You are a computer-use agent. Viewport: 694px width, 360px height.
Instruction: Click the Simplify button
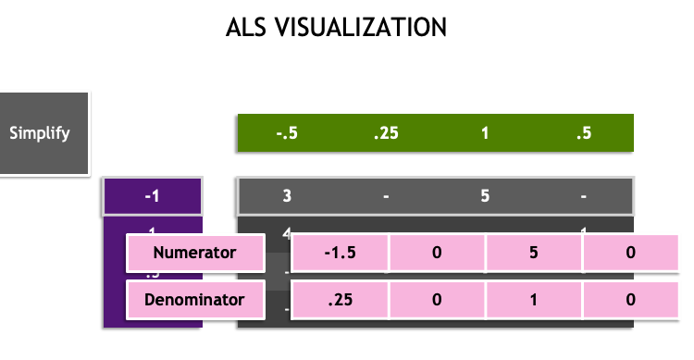[x=40, y=133]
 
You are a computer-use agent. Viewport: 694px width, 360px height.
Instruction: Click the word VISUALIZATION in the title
[x=366, y=28]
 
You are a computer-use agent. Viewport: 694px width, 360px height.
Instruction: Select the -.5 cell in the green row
[x=287, y=133]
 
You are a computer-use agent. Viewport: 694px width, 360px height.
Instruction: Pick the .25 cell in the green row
[x=386, y=133]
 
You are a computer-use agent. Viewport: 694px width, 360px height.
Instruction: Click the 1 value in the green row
[x=485, y=133]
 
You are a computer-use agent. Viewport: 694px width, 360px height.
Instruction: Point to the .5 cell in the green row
[x=583, y=133]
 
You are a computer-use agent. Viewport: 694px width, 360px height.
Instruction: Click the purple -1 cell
[x=152, y=196]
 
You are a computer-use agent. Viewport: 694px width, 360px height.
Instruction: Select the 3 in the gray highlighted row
[x=287, y=196]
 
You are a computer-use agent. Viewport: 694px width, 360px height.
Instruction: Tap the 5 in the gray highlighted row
[x=485, y=196]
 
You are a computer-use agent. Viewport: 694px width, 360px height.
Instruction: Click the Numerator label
[x=194, y=252]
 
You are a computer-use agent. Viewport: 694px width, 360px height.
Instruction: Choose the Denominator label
[x=194, y=300]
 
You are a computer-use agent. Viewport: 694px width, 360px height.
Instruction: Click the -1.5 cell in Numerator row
[x=340, y=252]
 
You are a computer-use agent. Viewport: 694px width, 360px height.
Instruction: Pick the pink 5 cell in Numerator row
[x=534, y=252]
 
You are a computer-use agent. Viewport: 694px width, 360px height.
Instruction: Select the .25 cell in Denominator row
[x=340, y=300]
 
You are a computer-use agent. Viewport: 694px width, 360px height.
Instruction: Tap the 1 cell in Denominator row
[x=534, y=300]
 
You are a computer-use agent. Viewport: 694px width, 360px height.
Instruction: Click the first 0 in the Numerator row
[x=437, y=252]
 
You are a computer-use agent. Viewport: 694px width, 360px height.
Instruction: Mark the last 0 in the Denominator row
[x=630, y=300]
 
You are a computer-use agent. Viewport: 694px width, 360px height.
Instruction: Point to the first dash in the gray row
[x=386, y=196]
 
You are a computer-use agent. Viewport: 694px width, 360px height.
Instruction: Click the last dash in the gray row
[x=583, y=196]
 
